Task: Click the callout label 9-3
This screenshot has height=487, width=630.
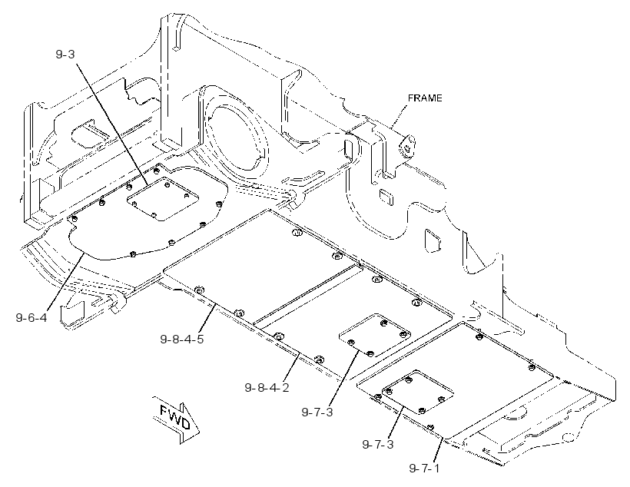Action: [65, 54]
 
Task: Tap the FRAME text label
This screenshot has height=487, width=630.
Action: [425, 98]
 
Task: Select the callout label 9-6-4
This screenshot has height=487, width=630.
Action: [31, 318]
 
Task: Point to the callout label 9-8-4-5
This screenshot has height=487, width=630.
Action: [182, 339]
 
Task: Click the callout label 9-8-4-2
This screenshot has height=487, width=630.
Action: [267, 388]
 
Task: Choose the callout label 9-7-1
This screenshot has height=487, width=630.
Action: [424, 469]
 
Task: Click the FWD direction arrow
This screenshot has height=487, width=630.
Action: [176, 419]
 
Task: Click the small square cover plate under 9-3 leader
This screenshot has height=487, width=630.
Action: [163, 198]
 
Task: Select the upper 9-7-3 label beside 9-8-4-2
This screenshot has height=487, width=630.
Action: [317, 412]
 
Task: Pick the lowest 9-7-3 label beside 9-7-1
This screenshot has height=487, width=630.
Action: [378, 445]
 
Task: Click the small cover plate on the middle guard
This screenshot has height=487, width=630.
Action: [375, 335]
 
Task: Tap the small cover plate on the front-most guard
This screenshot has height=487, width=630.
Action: [418, 392]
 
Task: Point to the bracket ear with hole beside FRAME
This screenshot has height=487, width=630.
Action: [408, 145]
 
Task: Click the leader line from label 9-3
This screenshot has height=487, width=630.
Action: [111, 124]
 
